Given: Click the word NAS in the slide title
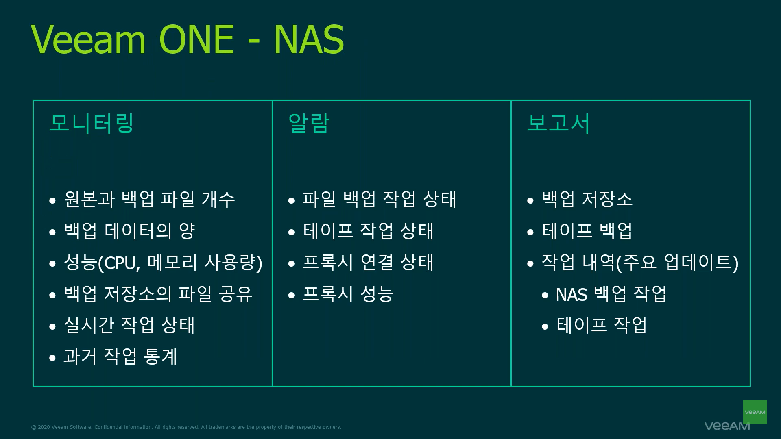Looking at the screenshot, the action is [x=309, y=39].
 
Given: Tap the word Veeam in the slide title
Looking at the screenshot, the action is [x=88, y=39].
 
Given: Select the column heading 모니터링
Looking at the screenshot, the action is [x=91, y=123].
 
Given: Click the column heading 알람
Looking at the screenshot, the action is [x=308, y=123].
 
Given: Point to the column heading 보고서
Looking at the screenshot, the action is [x=558, y=123].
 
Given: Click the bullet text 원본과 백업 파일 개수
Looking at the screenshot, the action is [x=150, y=199].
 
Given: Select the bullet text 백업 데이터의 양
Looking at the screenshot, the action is [x=129, y=231].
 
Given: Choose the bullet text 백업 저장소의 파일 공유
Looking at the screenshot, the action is [x=158, y=294].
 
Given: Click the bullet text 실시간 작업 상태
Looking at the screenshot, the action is [x=129, y=325].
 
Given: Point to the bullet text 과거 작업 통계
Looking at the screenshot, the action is [x=120, y=356].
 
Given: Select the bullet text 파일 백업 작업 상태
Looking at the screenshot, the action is [x=380, y=199].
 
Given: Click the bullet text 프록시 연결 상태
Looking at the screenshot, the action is [x=368, y=262].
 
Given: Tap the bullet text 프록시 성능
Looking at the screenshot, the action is [x=348, y=294].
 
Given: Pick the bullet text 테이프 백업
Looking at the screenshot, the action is [x=587, y=231].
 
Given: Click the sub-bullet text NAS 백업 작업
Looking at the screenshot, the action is [x=611, y=294].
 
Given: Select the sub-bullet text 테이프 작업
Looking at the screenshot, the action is [x=602, y=325].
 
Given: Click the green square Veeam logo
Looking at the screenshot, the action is [x=755, y=412].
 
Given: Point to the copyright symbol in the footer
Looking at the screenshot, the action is [x=34, y=427].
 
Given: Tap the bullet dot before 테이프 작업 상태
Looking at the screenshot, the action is [x=291, y=232].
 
